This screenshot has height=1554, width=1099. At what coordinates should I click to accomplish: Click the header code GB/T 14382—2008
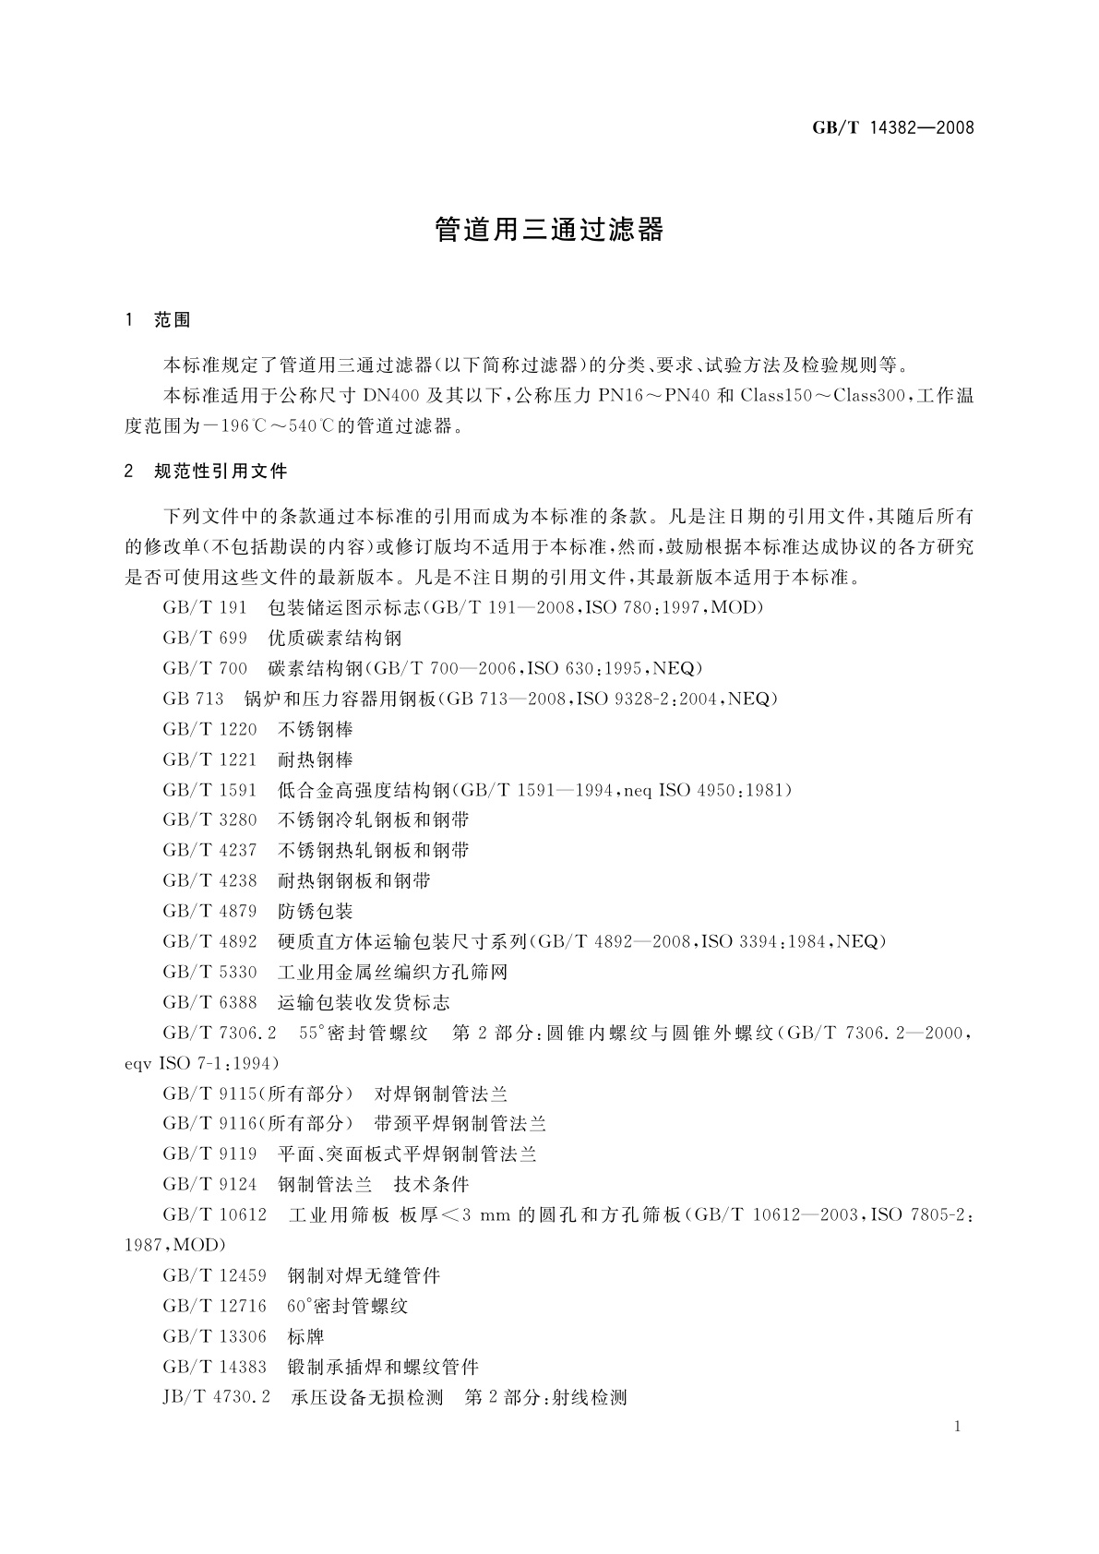pyautogui.click(x=892, y=128)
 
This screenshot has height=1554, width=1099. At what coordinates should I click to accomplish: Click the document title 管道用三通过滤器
pyautogui.click(x=549, y=230)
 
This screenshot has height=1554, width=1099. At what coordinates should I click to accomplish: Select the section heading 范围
pyautogui.click(x=173, y=321)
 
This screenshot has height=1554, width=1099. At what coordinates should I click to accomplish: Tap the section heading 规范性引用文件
pyautogui.click(x=221, y=472)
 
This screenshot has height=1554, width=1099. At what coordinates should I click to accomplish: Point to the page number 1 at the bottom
pyautogui.click(x=958, y=1427)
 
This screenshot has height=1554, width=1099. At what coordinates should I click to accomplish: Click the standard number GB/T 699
pyautogui.click(x=205, y=638)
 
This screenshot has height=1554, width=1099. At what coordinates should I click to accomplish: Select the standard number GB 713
pyautogui.click(x=193, y=699)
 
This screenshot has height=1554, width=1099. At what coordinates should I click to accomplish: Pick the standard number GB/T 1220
pyautogui.click(x=209, y=729)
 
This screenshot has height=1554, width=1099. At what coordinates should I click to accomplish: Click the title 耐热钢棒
pyautogui.click(x=316, y=759)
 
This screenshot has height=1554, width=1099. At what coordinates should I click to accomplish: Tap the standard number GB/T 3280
pyautogui.click(x=209, y=819)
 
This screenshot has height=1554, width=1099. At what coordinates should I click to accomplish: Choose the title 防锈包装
pyautogui.click(x=316, y=911)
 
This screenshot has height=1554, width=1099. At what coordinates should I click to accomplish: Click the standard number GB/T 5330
pyautogui.click(x=209, y=972)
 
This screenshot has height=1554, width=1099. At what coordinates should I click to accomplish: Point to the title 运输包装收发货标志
pyautogui.click(x=364, y=1002)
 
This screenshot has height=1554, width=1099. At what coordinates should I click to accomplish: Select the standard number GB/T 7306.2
pyautogui.click(x=218, y=1033)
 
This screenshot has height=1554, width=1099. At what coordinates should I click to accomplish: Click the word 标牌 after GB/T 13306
pyautogui.click(x=306, y=1336)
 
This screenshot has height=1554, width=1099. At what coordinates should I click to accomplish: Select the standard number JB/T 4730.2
pyautogui.click(x=216, y=1397)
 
